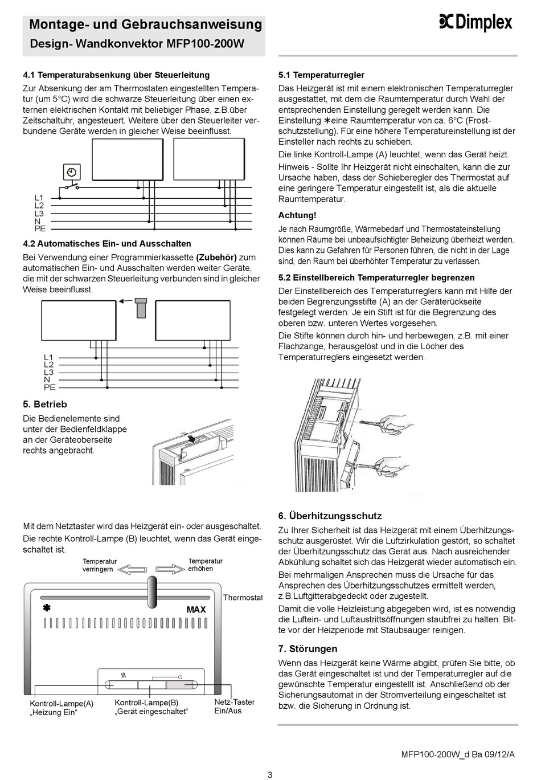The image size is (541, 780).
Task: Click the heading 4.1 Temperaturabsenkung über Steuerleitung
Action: coord(116,75)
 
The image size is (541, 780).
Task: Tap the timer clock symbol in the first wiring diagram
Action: coord(72,172)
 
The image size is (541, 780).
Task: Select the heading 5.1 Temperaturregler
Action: coord(321,75)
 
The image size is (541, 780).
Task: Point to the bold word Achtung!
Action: coord(297,215)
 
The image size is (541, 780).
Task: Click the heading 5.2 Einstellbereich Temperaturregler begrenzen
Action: coord(376,277)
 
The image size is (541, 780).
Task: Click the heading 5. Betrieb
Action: coord(45,404)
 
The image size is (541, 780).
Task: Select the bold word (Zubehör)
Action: coord(216,258)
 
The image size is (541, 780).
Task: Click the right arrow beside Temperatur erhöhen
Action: coord(170,569)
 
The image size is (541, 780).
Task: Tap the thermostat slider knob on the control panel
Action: coord(152,593)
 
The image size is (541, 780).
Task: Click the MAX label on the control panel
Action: coord(196,610)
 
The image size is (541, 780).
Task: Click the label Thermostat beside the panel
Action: coord(242,598)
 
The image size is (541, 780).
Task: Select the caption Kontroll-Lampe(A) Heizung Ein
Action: coord(62,708)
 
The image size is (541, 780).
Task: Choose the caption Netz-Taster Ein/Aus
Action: coord(234,707)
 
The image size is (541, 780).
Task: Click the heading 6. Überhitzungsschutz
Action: coord(330,516)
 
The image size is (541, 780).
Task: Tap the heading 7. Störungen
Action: coord(308,648)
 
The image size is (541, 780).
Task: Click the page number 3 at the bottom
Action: coord(270,774)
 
